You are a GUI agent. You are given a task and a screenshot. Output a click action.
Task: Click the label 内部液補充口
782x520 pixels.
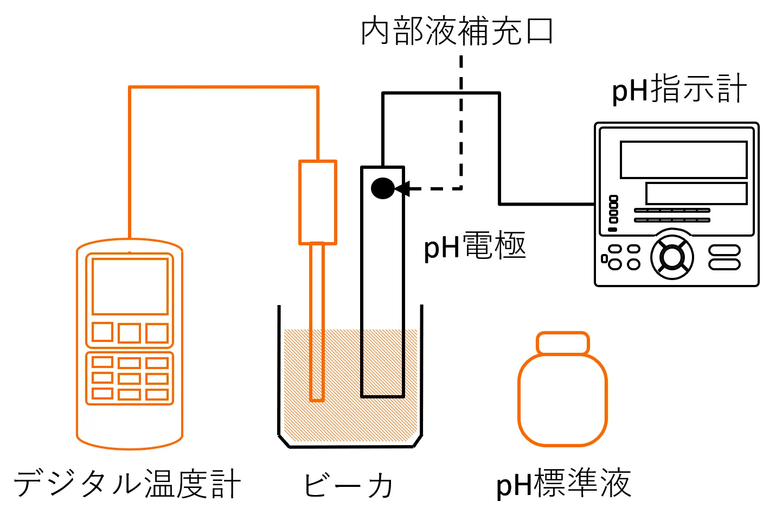(457, 31)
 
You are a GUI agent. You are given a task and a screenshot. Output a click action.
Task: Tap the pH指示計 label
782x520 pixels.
(679, 90)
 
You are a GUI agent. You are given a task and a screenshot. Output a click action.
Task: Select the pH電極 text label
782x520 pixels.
(475, 246)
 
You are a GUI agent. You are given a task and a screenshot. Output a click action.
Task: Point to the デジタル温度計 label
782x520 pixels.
(127, 484)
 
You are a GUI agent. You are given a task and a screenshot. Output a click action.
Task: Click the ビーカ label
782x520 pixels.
(348, 485)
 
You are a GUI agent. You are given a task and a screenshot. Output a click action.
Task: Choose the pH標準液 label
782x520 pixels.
(563, 484)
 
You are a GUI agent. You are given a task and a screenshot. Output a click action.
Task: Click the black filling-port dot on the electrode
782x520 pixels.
(382, 188)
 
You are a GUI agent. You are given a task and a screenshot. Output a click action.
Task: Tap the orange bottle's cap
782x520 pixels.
(562, 343)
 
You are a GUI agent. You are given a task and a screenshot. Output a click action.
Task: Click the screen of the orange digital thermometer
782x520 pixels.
(130, 286)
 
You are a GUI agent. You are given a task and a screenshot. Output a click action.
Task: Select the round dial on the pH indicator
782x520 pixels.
(672, 257)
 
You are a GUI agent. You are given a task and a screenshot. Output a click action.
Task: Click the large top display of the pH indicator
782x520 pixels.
(683, 160)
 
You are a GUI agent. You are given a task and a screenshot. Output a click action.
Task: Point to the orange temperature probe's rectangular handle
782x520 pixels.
(318, 202)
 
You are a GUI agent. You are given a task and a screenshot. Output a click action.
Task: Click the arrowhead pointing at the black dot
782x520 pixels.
(402, 189)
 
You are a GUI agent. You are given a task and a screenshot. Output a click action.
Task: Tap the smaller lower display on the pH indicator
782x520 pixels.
(696, 193)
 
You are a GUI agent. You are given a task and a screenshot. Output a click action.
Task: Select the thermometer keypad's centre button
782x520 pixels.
(130, 378)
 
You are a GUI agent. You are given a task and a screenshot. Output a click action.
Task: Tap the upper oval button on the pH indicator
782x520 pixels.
(725, 251)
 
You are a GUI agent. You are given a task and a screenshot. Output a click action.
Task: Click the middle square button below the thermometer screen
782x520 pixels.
(130, 333)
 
